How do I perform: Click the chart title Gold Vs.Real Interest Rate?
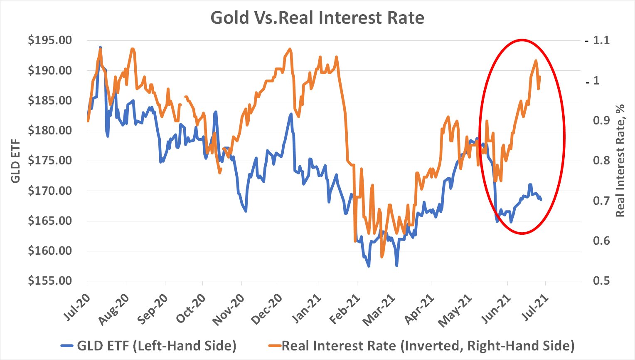click(317, 18)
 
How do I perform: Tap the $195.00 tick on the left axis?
click(50, 40)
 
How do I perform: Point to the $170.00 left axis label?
click(50, 191)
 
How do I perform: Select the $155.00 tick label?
click(50, 281)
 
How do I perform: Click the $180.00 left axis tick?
click(50, 130)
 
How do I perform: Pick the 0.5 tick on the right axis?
click(601, 281)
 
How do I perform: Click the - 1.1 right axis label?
click(598, 40)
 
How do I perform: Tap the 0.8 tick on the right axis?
click(601, 160)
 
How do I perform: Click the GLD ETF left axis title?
click(15, 160)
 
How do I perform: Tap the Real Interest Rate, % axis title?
click(620, 160)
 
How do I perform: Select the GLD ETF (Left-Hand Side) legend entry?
click(149, 345)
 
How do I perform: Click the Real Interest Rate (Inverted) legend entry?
click(421, 345)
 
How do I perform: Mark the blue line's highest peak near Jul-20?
click(100, 47)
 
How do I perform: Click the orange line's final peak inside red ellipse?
click(536, 61)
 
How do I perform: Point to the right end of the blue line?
click(541, 200)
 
